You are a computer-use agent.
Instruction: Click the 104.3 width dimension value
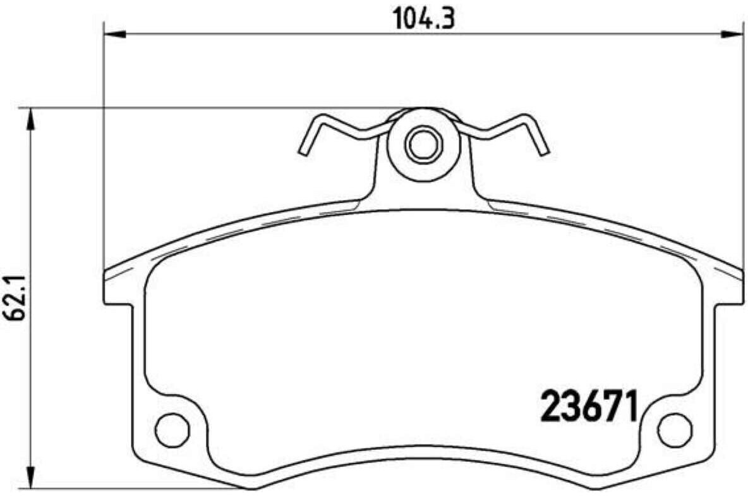[424, 19]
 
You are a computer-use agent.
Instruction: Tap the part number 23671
[589, 406]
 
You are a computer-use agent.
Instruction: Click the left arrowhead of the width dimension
[114, 34]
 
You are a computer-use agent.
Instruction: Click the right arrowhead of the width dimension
[732, 34]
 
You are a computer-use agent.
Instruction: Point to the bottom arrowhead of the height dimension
[30, 477]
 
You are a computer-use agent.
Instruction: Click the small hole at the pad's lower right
[675, 430]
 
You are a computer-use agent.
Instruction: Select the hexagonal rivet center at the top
[423, 144]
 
